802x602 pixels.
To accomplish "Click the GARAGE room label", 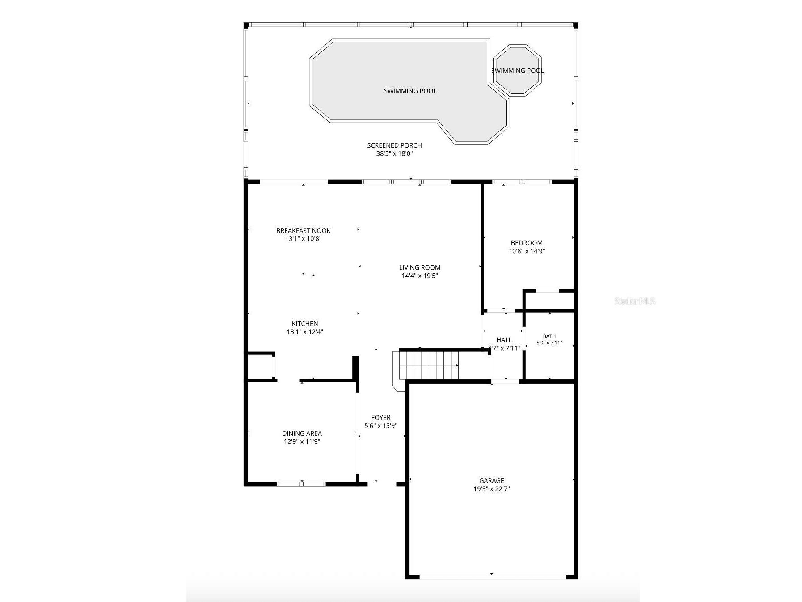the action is point(491,481).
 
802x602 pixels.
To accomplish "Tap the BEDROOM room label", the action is point(527,243).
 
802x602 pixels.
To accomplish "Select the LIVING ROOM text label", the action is point(420,267).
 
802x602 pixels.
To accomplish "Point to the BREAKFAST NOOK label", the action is point(304,231).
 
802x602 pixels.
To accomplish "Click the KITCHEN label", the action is point(305,324).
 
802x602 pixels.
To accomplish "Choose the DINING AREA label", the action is point(302,433).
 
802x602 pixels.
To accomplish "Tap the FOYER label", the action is point(381,418).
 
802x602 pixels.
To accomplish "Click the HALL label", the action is point(504,340).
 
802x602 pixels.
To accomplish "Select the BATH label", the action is point(549,336).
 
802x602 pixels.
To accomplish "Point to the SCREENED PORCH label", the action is point(394,145).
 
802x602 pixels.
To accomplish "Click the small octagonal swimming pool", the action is point(517,70).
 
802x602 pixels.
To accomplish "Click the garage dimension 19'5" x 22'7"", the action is point(492,489).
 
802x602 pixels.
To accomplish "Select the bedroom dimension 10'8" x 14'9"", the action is point(527,251).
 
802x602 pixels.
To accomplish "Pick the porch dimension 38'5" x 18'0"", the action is point(394,153).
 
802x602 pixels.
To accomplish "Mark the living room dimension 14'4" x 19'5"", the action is point(420,276).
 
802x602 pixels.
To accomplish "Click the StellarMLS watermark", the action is point(635,301).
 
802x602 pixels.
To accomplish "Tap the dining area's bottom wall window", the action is point(301,483).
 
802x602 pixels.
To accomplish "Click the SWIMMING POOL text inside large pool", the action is point(410,91).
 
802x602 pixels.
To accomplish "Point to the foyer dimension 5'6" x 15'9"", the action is point(381,426).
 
